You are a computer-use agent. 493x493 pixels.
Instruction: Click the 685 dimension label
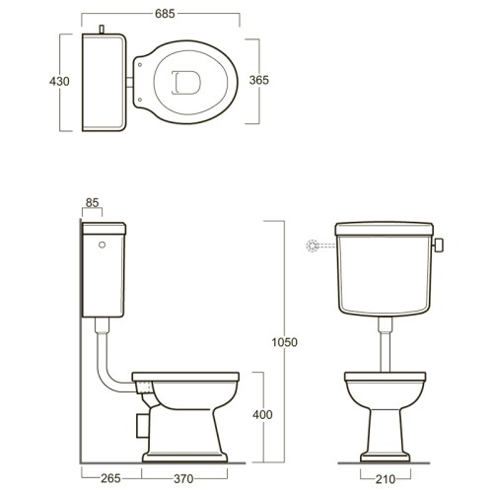click(x=165, y=14)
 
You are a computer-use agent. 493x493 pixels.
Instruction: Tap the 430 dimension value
click(x=59, y=81)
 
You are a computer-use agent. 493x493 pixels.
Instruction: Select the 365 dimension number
click(x=259, y=80)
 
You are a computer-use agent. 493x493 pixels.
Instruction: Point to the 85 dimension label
click(x=92, y=203)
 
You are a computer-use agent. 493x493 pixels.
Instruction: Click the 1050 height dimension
click(x=284, y=342)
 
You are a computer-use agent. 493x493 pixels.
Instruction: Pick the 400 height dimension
click(x=262, y=415)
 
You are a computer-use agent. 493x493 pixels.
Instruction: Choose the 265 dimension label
click(x=110, y=478)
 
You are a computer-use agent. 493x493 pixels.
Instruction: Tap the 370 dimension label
click(x=183, y=479)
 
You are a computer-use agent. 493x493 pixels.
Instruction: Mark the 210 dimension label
click(x=386, y=479)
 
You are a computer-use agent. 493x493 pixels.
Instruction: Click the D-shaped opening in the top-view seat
click(x=186, y=83)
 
